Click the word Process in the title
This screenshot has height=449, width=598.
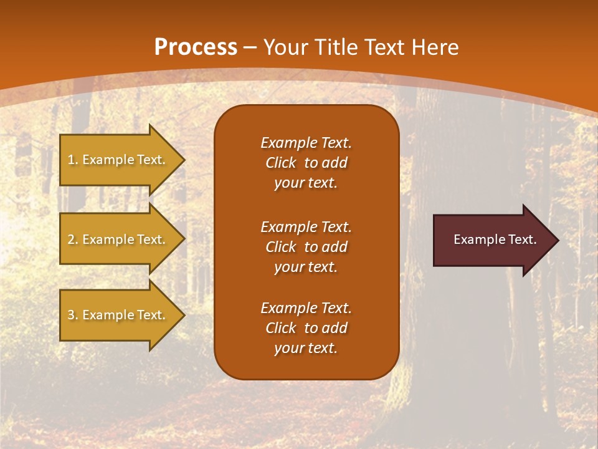tap(196, 47)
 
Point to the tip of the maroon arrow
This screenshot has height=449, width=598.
tap(557, 240)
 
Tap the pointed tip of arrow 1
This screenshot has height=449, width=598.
tap(183, 160)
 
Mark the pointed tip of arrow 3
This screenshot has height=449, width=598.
tap(183, 315)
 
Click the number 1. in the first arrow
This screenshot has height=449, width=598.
tap(73, 160)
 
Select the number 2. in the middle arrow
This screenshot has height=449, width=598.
tap(73, 239)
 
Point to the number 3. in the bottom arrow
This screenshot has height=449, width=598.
tap(73, 315)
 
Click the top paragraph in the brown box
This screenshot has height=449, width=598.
tap(306, 163)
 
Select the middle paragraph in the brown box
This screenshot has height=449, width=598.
tap(306, 247)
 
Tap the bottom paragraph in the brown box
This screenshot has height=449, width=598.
tap(306, 328)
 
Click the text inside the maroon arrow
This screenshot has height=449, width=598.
tap(495, 239)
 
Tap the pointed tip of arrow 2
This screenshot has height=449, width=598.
tap(183, 239)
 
